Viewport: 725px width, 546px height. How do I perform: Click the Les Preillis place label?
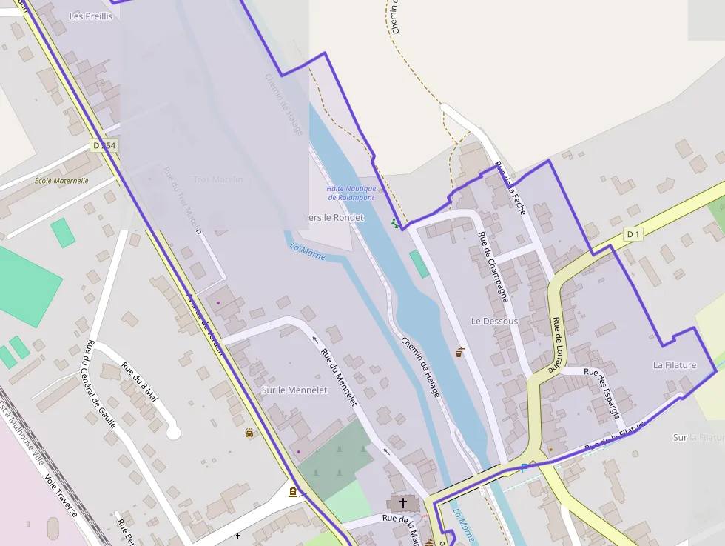click(x=91, y=16)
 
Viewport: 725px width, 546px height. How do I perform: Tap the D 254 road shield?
click(x=104, y=146)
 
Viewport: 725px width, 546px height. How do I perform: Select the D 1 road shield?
click(x=633, y=235)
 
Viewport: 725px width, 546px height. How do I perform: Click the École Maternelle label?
click(x=61, y=181)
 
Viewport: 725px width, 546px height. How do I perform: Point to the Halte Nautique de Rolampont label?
click(x=351, y=193)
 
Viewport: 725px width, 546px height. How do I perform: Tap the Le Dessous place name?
click(x=494, y=322)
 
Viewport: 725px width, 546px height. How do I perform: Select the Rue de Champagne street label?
click(x=493, y=267)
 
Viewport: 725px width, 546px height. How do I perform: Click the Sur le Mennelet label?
click(x=294, y=390)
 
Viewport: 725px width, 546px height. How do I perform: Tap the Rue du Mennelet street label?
click(x=340, y=376)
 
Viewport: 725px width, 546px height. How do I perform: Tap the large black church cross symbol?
click(x=403, y=504)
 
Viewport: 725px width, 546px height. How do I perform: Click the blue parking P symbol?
click(x=524, y=468)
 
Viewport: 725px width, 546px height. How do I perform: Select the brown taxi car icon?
click(x=249, y=433)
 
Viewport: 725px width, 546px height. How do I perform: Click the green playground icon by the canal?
click(x=394, y=222)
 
